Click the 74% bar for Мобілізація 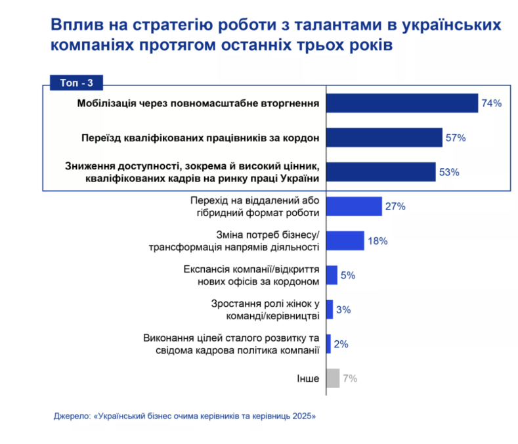point(402,103)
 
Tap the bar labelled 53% point(381,171)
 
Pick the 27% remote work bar point(354,206)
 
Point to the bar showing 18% point(345,240)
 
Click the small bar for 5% point(332,275)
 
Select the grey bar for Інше point(333,378)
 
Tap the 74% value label point(491,104)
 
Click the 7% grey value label point(349,378)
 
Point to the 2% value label point(341,344)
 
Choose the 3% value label point(343,309)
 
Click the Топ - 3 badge point(76,83)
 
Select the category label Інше point(309,379)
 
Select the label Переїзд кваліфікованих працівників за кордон point(200,138)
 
